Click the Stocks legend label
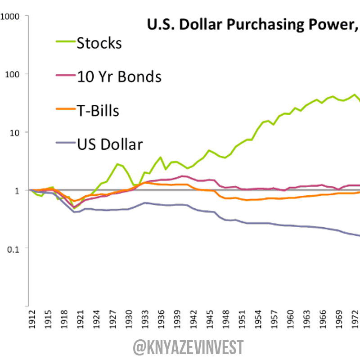pyautogui.click(x=99, y=43)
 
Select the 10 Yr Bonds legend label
pyautogui.click(x=119, y=77)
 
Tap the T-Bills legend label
pyautogui.click(x=98, y=111)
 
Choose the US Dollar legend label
pyautogui.click(x=110, y=144)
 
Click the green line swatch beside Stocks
pyautogui.click(x=64, y=43)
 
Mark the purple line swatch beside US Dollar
pyautogui.click(x=64, y=144)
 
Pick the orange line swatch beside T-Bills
pyautogui.click(x=64, y=111)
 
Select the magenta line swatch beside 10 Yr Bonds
pyautogui.click(x=64, y=77)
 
